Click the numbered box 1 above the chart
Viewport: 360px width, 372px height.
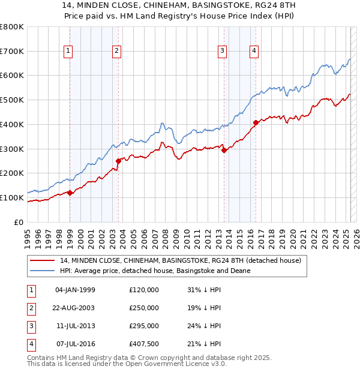(x=70, y=51)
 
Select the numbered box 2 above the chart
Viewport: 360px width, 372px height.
(x=116, y=51)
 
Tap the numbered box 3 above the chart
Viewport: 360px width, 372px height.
(x=222, y=51)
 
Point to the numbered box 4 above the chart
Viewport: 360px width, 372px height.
(x=254, y=51)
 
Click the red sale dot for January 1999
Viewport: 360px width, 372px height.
(x=70, y=193)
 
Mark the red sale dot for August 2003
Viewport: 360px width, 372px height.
(x=118, y=160)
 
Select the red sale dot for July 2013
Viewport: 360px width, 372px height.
(x=224, y=151)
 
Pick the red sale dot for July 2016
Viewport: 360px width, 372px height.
(x=256, y=122)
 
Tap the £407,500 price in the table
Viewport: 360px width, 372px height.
(x=144, y=344)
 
